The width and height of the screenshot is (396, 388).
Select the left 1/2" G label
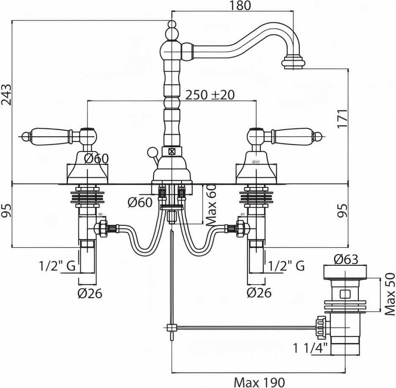click(x=57, y=266)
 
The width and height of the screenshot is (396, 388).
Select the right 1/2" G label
click(x=286, y=266)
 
